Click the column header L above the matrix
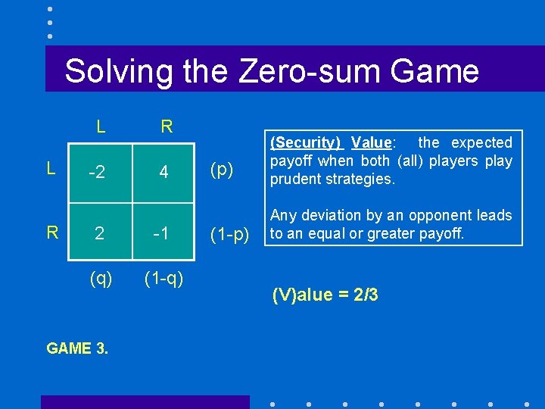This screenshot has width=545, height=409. tap(101, 126)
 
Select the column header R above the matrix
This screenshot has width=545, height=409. tap(167, 126)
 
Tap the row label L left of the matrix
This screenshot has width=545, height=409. tap(51, 169)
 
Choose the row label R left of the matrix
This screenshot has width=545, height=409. tap(51, 232)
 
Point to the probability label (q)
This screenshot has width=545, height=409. tap(101, 279)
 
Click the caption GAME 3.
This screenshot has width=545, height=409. tap(76, 348)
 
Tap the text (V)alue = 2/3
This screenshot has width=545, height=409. tap(325, 295)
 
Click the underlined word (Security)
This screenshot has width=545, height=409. tap(306, 142)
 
